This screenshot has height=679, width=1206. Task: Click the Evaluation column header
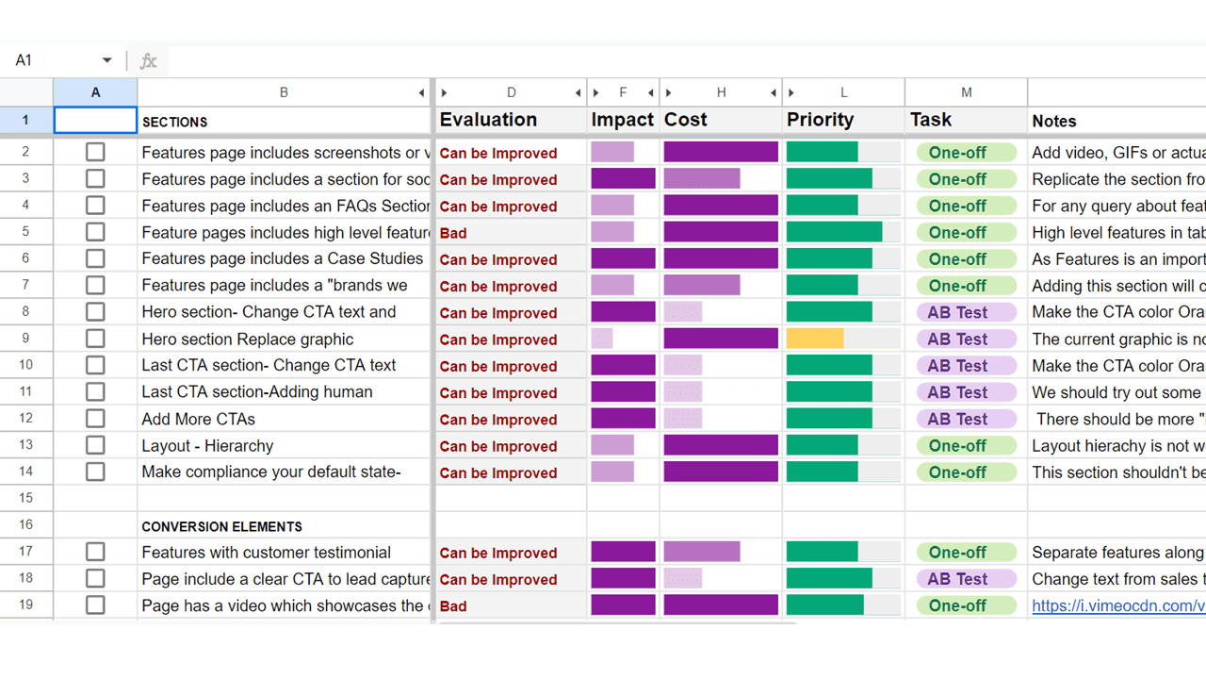click(488, 120)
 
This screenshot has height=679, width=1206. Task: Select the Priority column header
click(820, 120)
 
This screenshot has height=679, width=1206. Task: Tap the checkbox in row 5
click(95, 232)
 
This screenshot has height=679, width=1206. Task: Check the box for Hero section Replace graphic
click(95, 339)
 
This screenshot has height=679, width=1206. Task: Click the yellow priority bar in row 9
click(815, 339)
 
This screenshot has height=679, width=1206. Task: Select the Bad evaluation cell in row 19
click(453, 606)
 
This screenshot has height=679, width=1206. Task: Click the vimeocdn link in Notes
click(1117, 606)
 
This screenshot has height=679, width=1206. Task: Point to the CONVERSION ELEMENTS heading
click(221, 526)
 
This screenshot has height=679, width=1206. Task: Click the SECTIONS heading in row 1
click(175, 122)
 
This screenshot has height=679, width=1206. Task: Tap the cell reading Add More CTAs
click(199, 419)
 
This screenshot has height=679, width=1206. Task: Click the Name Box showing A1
click(57, 60)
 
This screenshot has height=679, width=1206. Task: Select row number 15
click(25, 497)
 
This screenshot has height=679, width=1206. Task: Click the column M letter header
click(966, 92)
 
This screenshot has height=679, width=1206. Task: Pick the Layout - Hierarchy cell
click(208, 446)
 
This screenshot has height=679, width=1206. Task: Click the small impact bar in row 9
click(602, 339)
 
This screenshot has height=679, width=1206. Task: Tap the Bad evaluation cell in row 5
click(453, 233)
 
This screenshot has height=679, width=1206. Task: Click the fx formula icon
click(148, 61)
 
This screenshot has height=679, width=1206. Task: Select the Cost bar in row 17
click(702, 553)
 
